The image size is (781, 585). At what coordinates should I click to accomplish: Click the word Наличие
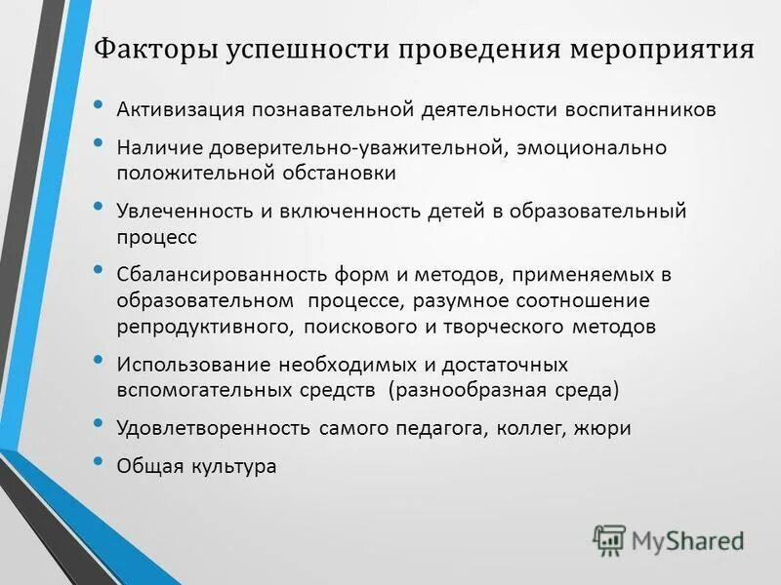tap(155, 148)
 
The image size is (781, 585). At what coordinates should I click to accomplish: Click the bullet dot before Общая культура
tap(98, 461)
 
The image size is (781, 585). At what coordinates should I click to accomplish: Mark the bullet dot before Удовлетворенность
tap(98, 422)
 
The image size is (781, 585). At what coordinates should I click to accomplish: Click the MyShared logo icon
tap(609, 539)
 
